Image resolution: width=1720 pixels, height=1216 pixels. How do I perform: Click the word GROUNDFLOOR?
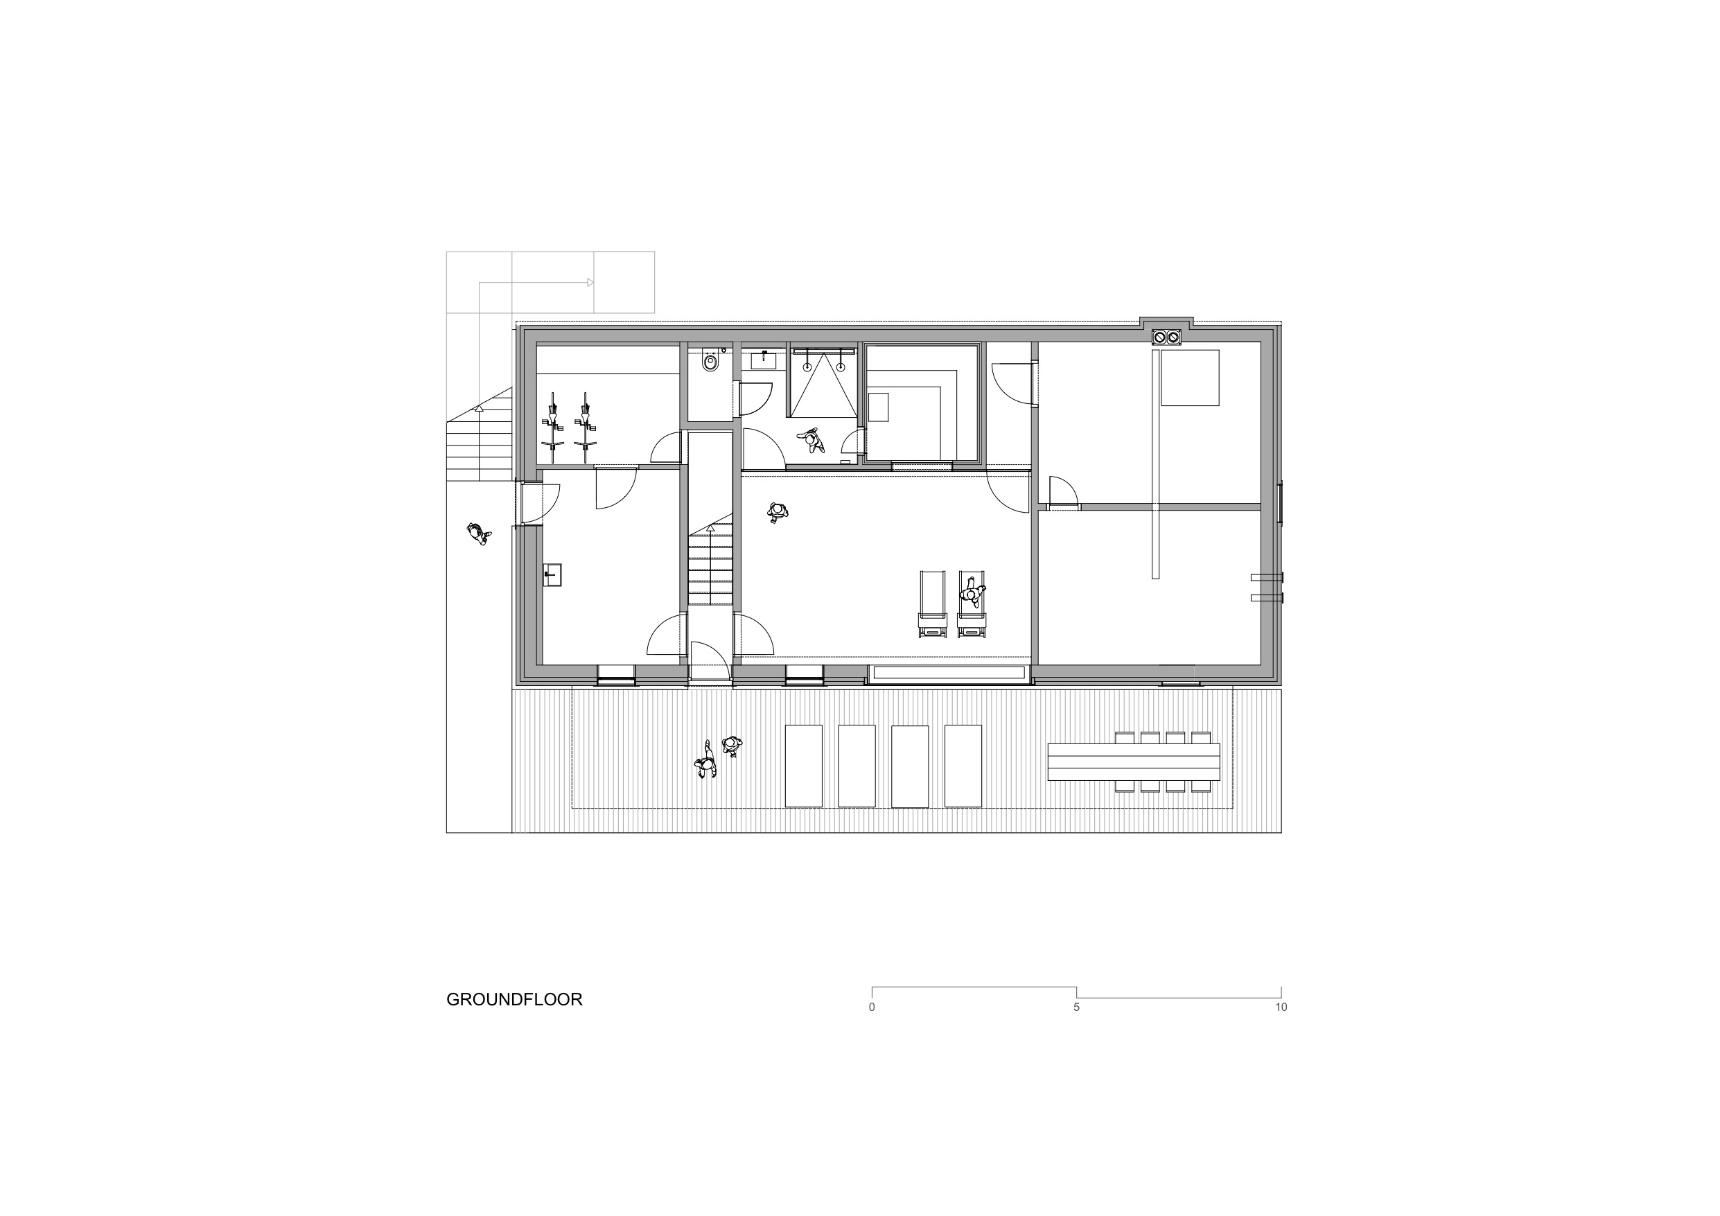514,999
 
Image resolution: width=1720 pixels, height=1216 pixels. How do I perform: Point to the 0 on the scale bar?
871,1007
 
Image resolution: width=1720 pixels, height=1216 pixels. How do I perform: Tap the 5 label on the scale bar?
1076,1007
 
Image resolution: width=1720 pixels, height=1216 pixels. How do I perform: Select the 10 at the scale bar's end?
1281,1007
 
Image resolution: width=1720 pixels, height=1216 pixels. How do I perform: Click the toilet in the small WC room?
710,362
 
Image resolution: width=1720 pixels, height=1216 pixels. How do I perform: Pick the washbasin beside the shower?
764,360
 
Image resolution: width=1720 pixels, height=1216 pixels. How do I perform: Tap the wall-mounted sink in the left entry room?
553,574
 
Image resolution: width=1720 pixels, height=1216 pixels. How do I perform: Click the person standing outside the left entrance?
477,533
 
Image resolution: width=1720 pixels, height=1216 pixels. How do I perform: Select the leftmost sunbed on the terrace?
803,765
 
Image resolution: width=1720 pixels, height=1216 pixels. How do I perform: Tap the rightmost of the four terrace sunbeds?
963,765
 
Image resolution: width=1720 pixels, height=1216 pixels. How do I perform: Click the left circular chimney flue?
1159,337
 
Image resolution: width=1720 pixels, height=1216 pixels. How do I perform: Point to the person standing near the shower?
812,440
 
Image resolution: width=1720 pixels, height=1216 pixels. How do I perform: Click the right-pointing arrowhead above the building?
590,283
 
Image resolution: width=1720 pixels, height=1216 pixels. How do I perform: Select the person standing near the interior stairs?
778,513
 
